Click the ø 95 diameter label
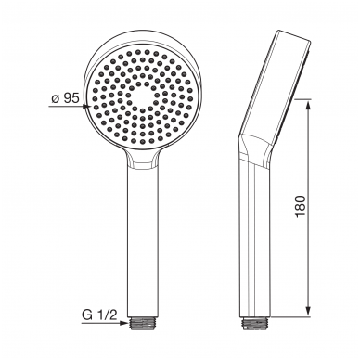pyautogui.click(x=66, y=98)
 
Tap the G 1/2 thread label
pyautogui.click(x=99, y=315)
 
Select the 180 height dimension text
pyautogui.click(x=301, y=207)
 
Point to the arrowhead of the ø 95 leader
pyautogui.click(x=86, y=106)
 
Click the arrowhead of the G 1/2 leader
pyautogui.click(x=124, y=323)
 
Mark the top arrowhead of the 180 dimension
pyautogui.click(x=308, y=106)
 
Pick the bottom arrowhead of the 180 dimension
pyautogui.click(x=308, y=310)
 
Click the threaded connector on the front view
pyautogui.click(x=143, y=324)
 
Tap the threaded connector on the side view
pyautogui.click(x=255, y=324)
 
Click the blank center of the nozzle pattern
pyautogui.click(x=143, y=96)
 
